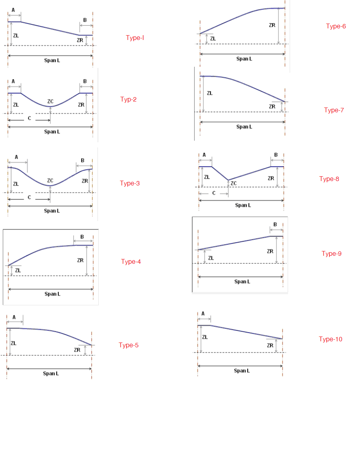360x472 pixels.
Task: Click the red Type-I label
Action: click(135, 38)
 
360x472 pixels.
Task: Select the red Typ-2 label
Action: click(128, 100)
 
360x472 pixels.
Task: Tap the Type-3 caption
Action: click(129, 183)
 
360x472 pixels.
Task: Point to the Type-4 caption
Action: click(131, 262)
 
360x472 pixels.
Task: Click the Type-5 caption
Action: click(128, 345)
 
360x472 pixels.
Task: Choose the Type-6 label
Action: click(336, 26)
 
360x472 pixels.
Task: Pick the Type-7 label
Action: click(334, 110)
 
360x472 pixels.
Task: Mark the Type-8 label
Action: click(329, 179)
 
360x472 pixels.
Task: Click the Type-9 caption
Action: click(331, 254)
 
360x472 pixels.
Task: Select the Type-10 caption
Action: click(330, 339)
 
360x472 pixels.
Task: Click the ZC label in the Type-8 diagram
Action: click(234, 183)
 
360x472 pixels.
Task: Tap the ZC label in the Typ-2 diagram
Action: click(50, 102)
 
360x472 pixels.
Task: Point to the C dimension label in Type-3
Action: click(29, 197)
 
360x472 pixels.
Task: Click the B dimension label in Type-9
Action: click(275, 225)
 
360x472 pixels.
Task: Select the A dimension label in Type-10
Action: click(203, 314)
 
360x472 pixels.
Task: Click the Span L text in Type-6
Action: click(244, 59)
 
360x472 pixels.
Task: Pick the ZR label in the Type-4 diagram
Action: click(80, 260)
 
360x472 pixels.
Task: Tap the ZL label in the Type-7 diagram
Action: click(210, 93)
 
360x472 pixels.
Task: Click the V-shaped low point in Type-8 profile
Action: click(228, 180)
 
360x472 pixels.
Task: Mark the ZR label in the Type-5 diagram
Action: click(77, 350)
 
